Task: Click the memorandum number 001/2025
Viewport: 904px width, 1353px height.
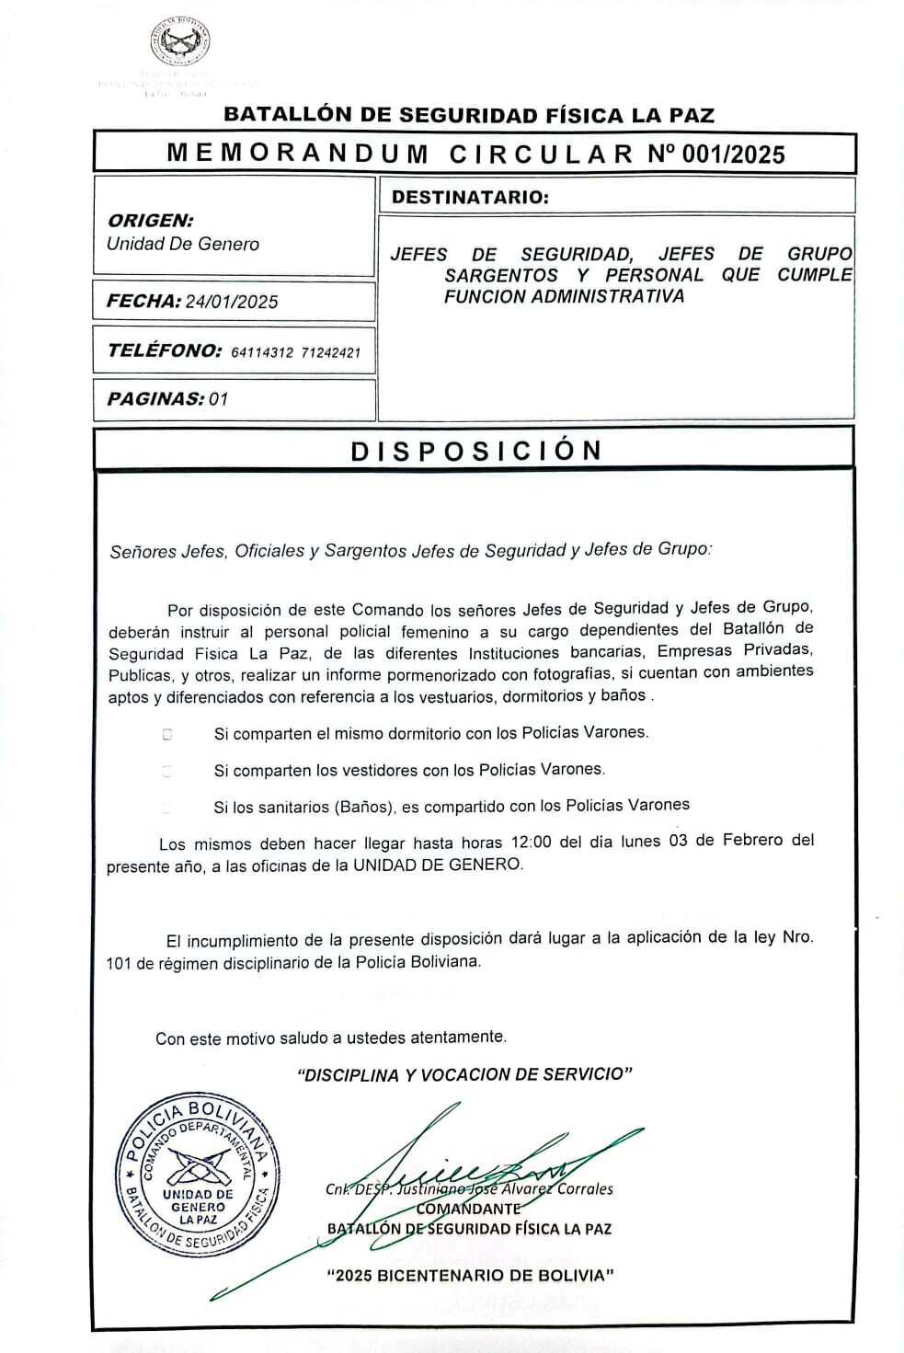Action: [734, 155]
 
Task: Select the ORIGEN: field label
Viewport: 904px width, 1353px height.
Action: [151, 221]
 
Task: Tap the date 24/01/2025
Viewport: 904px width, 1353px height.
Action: [232, 302]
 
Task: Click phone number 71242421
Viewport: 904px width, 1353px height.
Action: [331, 352]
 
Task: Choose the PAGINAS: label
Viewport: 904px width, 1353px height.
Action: [155, 399]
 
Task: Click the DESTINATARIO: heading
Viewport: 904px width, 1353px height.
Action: [470, 197]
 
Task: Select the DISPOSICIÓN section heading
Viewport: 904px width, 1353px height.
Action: [476, 450]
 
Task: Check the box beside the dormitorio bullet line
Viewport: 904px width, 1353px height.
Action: [167, 735]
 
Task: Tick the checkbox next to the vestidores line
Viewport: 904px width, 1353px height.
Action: [167, 772]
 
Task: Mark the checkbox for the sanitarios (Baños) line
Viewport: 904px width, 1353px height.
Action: [167, 808]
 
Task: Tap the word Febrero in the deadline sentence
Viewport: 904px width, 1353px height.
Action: [752, 840]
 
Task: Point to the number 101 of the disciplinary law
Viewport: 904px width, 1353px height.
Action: [120, 964]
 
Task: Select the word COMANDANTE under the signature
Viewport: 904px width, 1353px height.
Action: [468, 1209]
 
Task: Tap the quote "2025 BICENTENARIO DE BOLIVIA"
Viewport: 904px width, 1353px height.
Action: [470, 1275]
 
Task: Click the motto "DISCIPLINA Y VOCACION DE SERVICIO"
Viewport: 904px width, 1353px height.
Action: [464, 1074]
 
